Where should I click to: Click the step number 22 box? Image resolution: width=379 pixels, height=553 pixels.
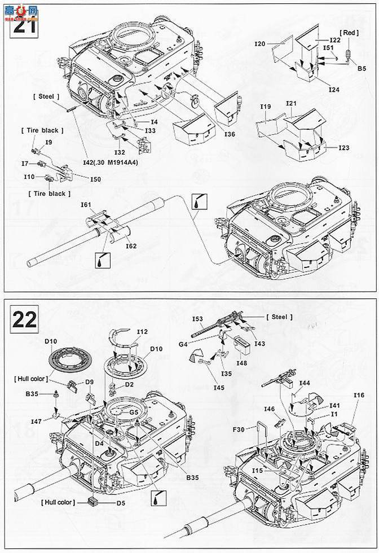(x=24, y=319)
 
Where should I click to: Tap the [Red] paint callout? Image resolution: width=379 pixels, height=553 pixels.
(x=349, y=33)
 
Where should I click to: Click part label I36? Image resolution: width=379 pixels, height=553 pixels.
(x=230, y=134)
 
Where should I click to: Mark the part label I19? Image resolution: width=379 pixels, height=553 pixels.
(x=266, y=107)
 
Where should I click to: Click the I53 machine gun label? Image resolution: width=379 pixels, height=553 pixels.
(x=197, y=319)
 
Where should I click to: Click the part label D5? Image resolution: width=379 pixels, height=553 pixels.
(x=121, y=501)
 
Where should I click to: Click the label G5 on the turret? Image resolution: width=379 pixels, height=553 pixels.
(x=134, y=412)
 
